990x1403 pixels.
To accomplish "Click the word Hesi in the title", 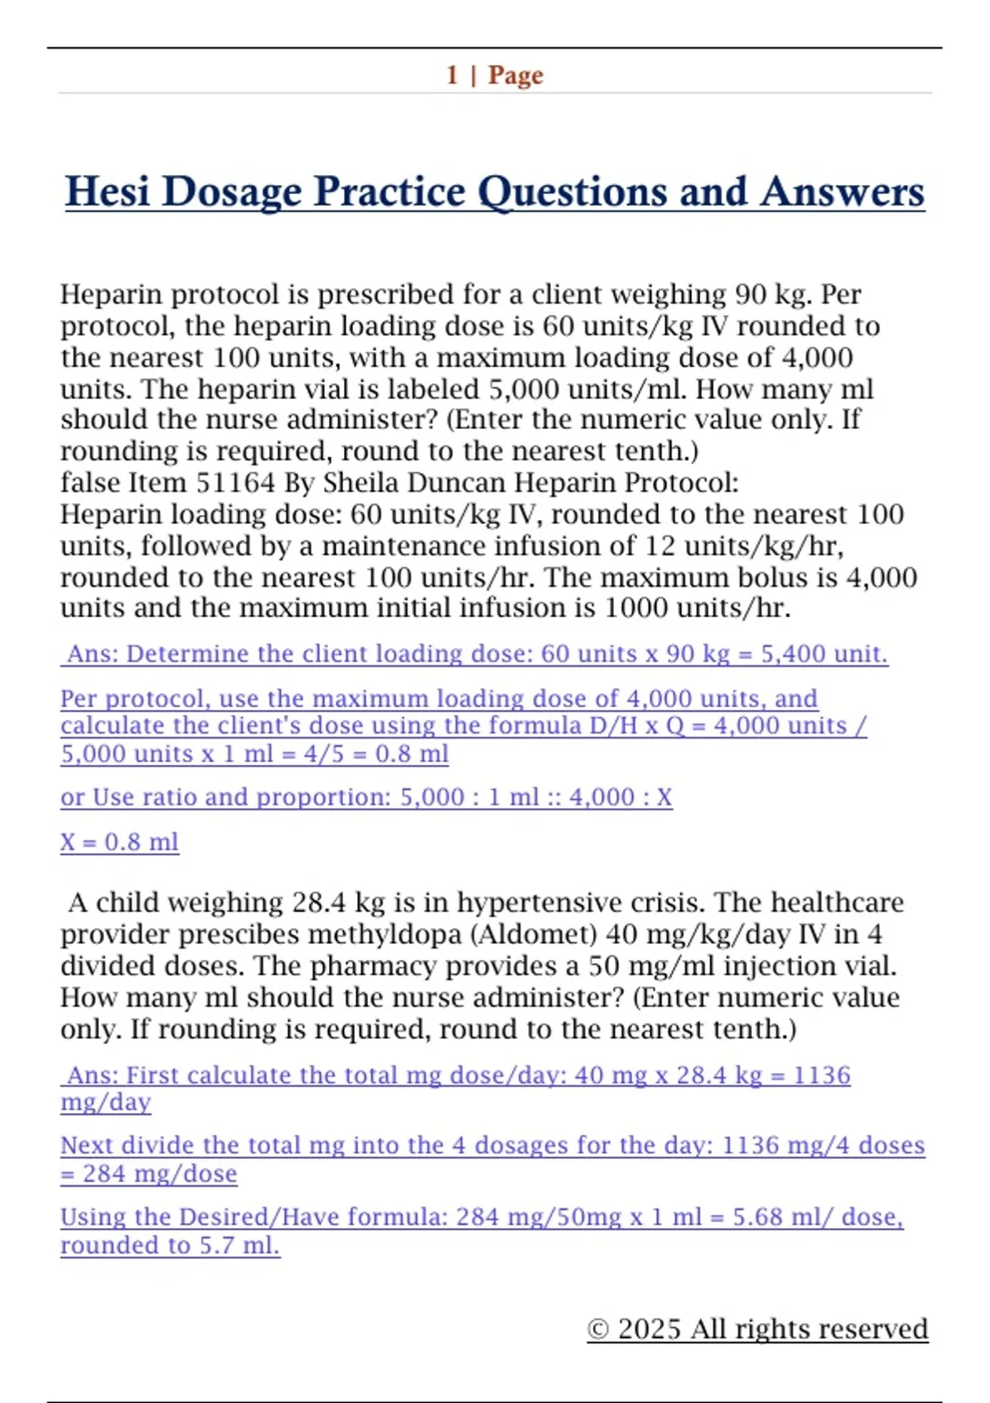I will point(108,192).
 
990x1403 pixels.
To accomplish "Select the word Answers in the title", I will point(841,192).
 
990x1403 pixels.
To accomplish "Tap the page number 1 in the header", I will point(452,75).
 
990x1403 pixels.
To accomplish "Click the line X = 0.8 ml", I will point(120,842).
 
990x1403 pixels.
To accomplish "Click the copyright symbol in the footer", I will point(598,1330).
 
